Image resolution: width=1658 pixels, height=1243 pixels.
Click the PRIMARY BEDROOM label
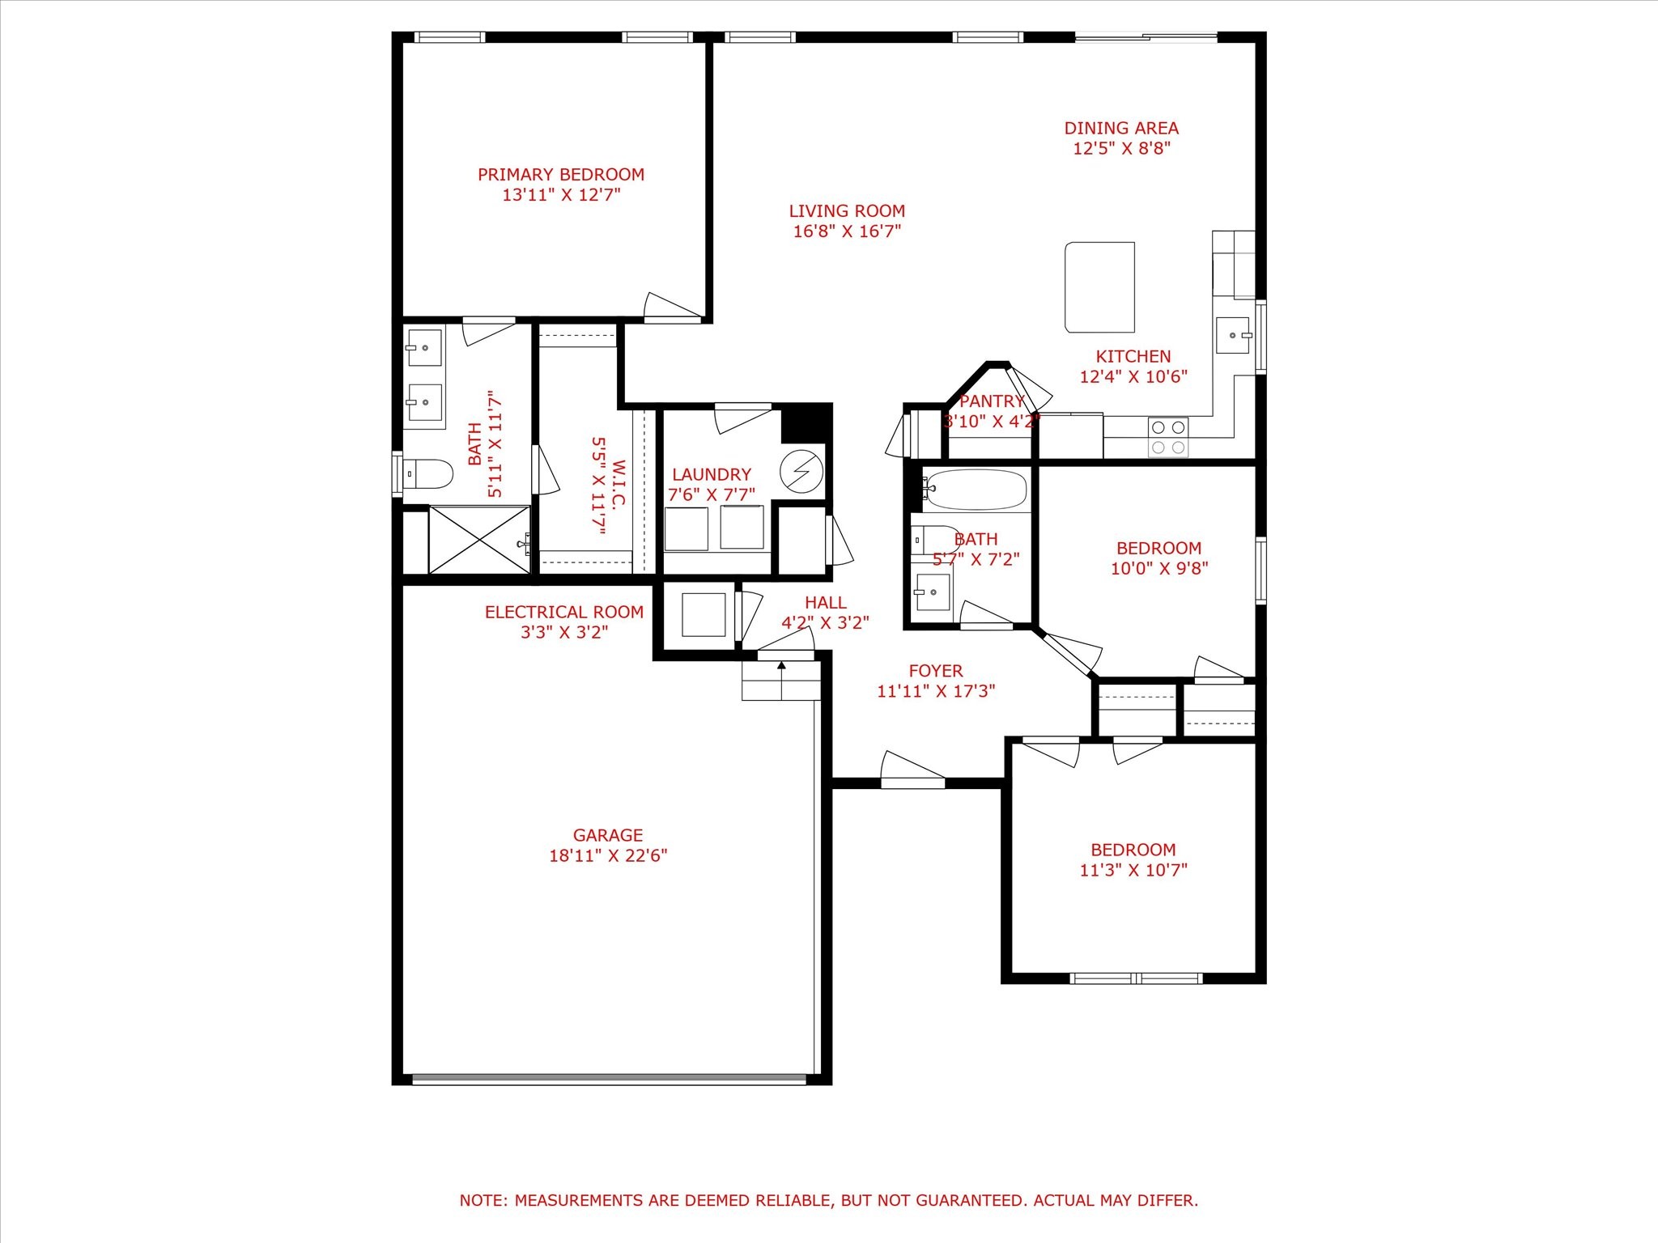click(x=561, y=175)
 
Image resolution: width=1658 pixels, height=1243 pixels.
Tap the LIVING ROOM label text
click(x=847, y=211)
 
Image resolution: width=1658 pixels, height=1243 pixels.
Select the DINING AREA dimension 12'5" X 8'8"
click(x=1122, y=149)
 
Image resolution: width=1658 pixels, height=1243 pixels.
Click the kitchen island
click(x=1099, y=287)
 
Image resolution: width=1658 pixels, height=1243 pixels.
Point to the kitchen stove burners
click(x=1168, y=437)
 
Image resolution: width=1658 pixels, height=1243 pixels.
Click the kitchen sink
click(x=1233, y=335)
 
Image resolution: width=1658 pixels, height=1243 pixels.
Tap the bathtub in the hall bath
click(x=975, y=490)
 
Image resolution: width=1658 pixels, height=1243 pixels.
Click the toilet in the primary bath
click(x=427, y=474)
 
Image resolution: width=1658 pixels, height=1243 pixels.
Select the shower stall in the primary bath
click(x=479, y=540)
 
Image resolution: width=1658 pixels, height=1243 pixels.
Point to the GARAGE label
click(x=608, y=835)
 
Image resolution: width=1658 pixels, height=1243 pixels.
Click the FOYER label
click(x=936, y=671)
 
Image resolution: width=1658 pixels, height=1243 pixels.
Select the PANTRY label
click(x=992, y=401)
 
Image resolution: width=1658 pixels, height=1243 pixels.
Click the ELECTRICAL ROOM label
click(x=564, y=613)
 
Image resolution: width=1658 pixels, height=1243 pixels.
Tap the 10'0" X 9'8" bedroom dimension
click(x=1159, y=569)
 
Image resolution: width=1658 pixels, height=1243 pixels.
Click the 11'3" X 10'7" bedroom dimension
click(x=1133, y=871)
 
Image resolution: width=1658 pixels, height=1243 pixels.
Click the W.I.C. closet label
click(x=619, y=486)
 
